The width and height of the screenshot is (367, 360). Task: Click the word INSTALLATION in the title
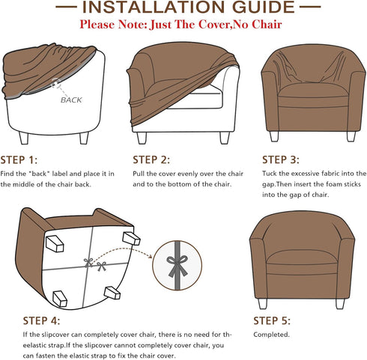coord(154,7)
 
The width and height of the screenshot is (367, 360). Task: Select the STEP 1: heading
coord(19,160)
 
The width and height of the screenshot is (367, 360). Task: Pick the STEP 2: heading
coord(151,160)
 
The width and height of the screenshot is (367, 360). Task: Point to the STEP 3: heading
coord(280,159)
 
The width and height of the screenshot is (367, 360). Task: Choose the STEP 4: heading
coord(41,320)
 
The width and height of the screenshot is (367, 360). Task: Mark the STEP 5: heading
coord(272,320)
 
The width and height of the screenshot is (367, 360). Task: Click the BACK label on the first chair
coord(71,100)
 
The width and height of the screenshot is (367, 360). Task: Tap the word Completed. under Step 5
coord(271,335)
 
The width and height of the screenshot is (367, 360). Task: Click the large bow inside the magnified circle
coord(178,266)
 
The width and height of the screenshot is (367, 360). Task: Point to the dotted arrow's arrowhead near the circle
coord(150,256)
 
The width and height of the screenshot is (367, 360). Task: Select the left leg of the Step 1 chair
coord(24,138)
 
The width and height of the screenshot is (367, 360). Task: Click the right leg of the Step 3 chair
coord(351,136)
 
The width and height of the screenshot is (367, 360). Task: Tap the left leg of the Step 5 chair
coord(263,304)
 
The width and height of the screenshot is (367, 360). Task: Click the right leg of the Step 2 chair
coord(225,138)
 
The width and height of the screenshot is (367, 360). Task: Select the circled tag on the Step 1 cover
coord(55,83)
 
